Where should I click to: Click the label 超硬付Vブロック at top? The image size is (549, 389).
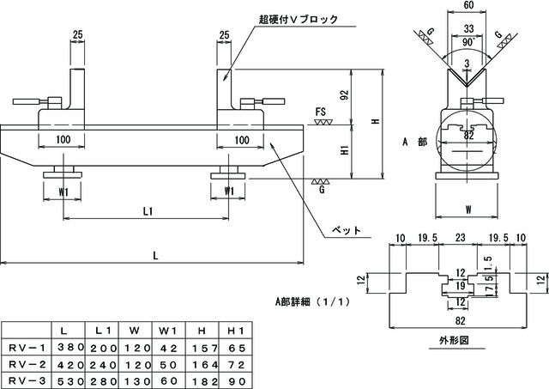pyautogui.click(x=299, y=19)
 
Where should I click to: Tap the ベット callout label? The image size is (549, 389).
pyautogui.click(x=346, y=230)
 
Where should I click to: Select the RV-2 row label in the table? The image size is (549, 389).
pyautogui.click(x=27, y=364)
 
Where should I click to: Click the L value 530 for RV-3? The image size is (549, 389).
pyautogui.click(x=71, y=381)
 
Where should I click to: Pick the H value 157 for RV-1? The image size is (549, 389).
pyautogui.click(x=205, y=348)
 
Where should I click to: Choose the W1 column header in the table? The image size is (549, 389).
pyautogui.click(x=167, y=331)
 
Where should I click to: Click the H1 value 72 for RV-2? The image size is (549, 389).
pyautogui.click(x=236, y=364)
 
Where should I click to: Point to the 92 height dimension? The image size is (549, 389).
pyautogui.click(x=345, y=95)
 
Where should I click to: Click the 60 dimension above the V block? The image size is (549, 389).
pyautogui.click(x=468, y=5)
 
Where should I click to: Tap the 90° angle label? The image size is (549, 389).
pyautogui.click(x=468, y=42)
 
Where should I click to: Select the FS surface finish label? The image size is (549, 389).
pyautogui.click(x=320, y=112)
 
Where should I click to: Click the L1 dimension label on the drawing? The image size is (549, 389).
pyautogui.click(x=148, y=211)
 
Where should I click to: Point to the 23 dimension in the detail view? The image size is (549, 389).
pyautogui.click(x=460, y=238)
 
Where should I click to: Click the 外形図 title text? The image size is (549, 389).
pyautogui.click(x=454, y=340)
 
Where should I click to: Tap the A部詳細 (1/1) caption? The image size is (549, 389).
pyautogui.click(x=312, y=301)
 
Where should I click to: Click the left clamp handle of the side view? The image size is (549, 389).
pyautogui.click(x=27, y=101)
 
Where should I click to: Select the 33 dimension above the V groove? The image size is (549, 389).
pyautogui.click(x=468, y=28)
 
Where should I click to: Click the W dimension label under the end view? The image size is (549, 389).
pyautogui.click(x=468, y=210)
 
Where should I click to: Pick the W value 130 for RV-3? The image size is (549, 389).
pyautogui.click(x=138, y=381)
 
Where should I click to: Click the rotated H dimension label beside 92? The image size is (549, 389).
pyautogui.click(x=376, y=121)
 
